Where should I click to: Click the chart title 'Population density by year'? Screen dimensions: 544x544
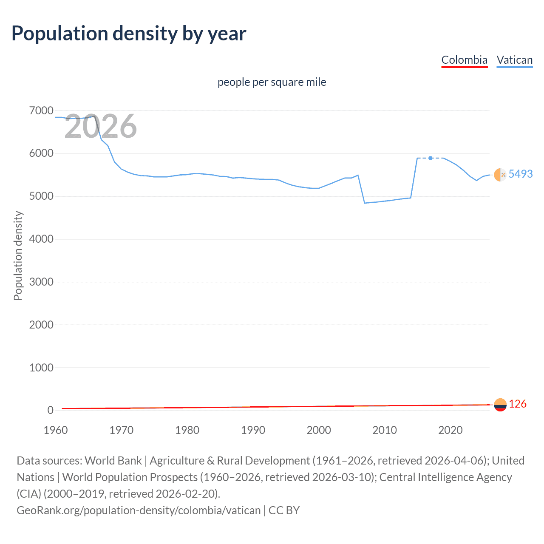pos(129,34)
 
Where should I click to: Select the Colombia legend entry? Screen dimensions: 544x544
pos(464,60)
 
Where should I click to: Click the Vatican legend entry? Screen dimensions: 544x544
pos(514,60)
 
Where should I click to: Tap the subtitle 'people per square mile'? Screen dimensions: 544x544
pos(272,82)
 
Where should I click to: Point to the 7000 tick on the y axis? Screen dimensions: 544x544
pos(41,111)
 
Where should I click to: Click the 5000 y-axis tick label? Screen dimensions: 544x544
pos(41,196)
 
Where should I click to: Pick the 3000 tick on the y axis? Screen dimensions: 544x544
pos(41,282)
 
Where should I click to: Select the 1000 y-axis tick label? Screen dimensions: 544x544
pos(41,368)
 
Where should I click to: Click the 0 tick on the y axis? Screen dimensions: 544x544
pos(51,410)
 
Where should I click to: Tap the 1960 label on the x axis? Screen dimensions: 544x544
pos(56,430)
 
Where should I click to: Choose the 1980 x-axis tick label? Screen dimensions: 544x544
pos(187,430)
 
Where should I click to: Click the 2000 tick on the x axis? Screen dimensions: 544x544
pos(319,430)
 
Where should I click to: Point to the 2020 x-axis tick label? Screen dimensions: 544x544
pos(450,430)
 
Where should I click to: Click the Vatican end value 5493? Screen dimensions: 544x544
pos(520,174)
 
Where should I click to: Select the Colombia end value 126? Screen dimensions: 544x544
pos(517,404)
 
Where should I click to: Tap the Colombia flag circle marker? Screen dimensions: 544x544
pos(500,405)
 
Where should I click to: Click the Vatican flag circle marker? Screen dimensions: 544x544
pos(500,175)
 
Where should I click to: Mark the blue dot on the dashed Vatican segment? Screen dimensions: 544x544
pos(431,158)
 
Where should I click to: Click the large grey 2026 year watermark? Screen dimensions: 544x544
pos(101,126)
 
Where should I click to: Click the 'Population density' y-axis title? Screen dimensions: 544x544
pos(18,256)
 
